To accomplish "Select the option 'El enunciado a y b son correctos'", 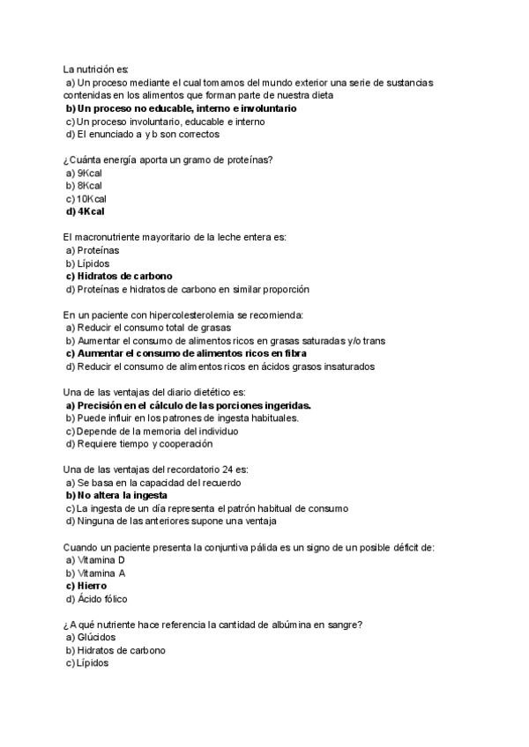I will (x=142, y=135).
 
